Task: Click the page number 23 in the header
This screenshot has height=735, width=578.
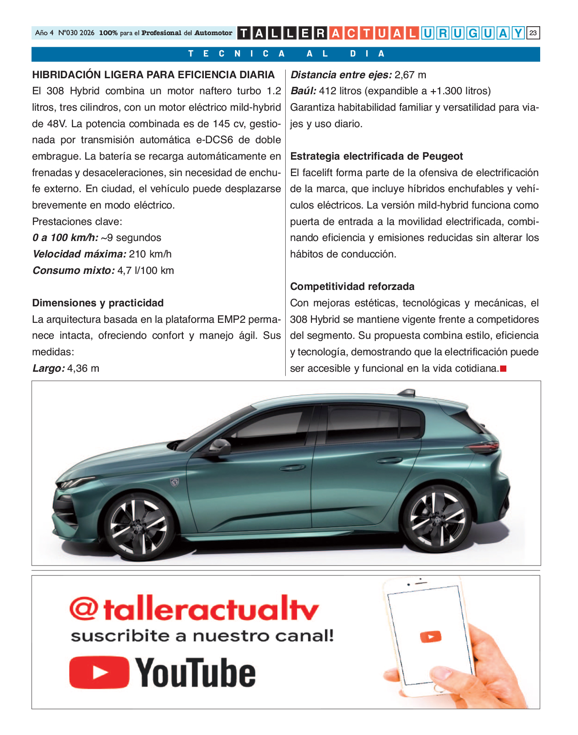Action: (x=533, y=33)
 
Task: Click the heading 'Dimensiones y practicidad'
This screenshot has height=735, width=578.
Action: (x=98, y=303)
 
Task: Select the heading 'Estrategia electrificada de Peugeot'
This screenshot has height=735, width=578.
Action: (x=376, y=156)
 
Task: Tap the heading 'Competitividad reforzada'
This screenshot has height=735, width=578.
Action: (x=352, y=286)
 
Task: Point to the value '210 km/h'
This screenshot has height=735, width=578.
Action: (x=150, y=254)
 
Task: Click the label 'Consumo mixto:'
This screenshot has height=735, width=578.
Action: (x=73, y=270)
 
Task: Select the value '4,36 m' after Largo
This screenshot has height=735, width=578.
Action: (x=83, y=368)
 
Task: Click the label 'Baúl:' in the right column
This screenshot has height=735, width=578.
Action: (x=303, y=91)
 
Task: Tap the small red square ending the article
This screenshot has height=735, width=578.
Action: (x=503, y=369)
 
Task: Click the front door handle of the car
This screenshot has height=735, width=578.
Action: (x=292, y=467)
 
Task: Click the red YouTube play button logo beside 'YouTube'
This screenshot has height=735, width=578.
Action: (x=99, y=672)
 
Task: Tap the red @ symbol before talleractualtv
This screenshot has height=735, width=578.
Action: (x=83, y=609)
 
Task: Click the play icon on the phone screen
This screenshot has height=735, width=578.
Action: (x=430, y=637)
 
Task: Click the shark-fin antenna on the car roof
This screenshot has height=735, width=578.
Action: (x=405, y=393)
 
